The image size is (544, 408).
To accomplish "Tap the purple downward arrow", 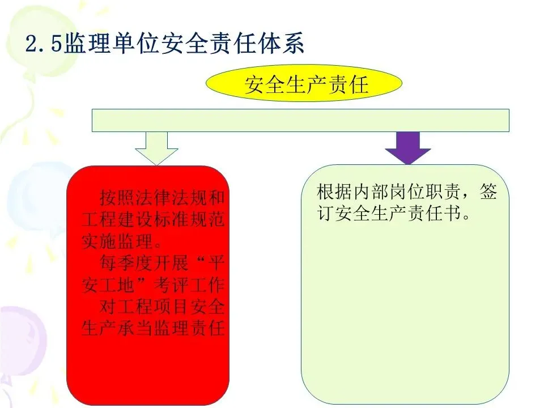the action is [x=408, y=147].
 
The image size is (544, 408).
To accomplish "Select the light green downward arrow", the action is [x=156, y=147].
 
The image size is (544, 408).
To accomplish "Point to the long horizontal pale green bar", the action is [x=300, y=120].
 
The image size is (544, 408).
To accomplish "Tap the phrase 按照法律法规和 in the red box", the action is [x=162, y=198].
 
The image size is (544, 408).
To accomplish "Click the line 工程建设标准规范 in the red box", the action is [x=153, y=220].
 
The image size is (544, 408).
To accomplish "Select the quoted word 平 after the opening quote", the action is [x=216, y=263].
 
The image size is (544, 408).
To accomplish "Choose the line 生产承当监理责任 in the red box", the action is [x=153, y=328].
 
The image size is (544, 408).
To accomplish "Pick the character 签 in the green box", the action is [x=488, y=192].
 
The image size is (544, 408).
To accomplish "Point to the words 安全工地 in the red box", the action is [x=102, y=284].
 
